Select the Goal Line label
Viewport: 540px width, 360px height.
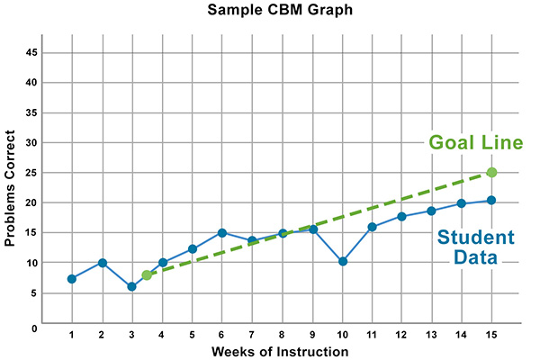click(x=475, y=143)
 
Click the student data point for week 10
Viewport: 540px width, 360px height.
click(x=342, y=262)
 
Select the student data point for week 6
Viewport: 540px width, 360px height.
click(x=221, y=233)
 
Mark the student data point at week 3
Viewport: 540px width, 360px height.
click(x=131, y=286)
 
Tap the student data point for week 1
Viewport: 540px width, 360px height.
click(x=71, y=279)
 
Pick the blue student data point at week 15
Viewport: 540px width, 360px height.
click(x=491, y=201)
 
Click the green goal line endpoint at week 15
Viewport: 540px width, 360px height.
click(x=491, y=172)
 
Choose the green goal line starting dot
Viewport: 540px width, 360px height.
click(x=147, y=274)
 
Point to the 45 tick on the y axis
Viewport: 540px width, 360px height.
click(x=31, y=52)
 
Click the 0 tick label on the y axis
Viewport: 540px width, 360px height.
click(x=33, y=328)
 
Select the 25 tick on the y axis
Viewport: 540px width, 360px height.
click(x=31, y=173)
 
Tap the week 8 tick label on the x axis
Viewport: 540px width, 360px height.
click(x=282, y=335)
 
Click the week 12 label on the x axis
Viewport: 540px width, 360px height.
click(x=401, y=335)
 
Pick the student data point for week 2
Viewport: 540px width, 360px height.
click(x=102, y=263)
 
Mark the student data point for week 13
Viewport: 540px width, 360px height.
click(x=431, y=211)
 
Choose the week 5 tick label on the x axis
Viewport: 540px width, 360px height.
click(x=192, y=335)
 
